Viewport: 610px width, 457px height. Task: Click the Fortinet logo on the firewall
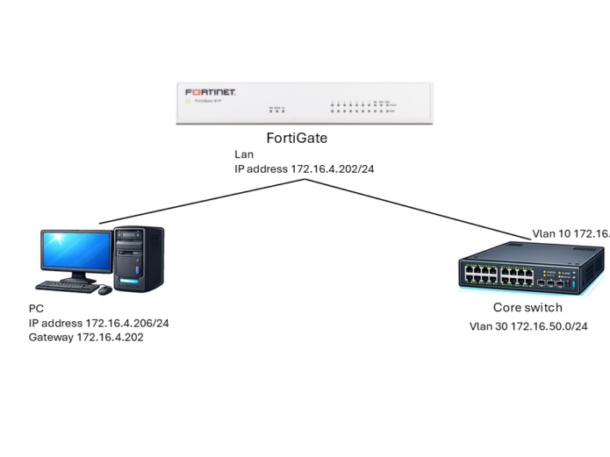[210, 91]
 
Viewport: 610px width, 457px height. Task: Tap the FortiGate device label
[304, 139]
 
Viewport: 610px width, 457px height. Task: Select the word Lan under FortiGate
[243, 154]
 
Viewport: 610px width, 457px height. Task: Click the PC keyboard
[65, 286]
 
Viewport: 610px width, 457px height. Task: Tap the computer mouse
[104, 289]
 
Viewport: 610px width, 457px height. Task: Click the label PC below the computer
[36, 310]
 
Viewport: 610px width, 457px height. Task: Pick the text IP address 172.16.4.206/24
[98, 323]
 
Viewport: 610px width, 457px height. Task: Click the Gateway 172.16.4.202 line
[85, 336]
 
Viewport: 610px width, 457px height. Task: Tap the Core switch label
[527, 309]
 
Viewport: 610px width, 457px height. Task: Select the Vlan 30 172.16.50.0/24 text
[528, 326]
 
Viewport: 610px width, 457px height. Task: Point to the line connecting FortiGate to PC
[202, 201]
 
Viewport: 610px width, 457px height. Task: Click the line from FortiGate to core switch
[413, 208]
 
